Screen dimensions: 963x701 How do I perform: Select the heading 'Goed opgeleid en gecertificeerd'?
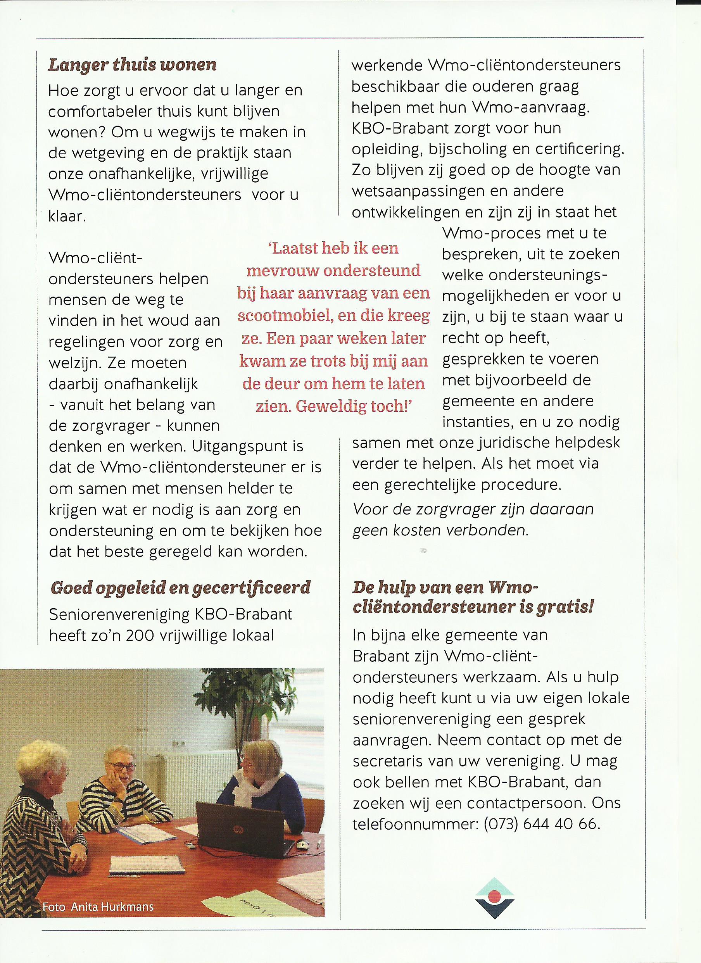[180, 588]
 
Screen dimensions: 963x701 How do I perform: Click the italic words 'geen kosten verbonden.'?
[440, 531]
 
